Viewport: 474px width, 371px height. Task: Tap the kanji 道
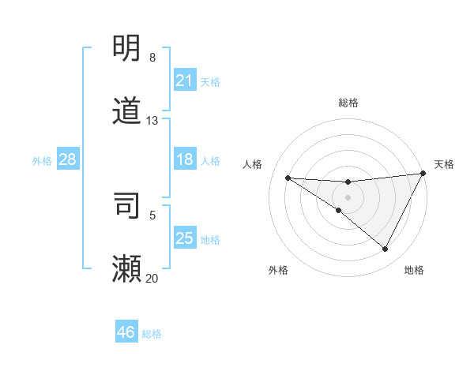tap(127, 111)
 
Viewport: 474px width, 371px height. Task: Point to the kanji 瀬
tap(127, 269)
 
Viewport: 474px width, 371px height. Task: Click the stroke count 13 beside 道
tap(152, 121)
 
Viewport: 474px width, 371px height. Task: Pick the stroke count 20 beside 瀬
tap(152, 278)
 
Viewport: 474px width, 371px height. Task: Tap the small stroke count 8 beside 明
tap(152, 58)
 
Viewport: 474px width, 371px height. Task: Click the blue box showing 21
tap(185, 81)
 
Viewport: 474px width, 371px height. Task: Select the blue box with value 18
tap(185, 159)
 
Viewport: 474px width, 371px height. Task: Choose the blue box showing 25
tap(185, 238)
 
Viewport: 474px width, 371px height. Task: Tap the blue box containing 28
tap(68, 159)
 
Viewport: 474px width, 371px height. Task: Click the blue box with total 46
tap(126, 332)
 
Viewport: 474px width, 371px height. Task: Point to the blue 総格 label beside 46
tap(152, 334)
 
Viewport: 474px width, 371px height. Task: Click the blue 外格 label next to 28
tap(42, 161)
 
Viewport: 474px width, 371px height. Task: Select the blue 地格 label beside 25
tap(211, 240)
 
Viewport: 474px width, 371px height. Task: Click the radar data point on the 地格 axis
tap(385, 249)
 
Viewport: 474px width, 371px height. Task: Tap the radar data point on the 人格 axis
tap(288, 178)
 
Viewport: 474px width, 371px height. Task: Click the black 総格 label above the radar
tap(348, 103)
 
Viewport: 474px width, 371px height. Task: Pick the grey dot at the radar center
tap(348, 197)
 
